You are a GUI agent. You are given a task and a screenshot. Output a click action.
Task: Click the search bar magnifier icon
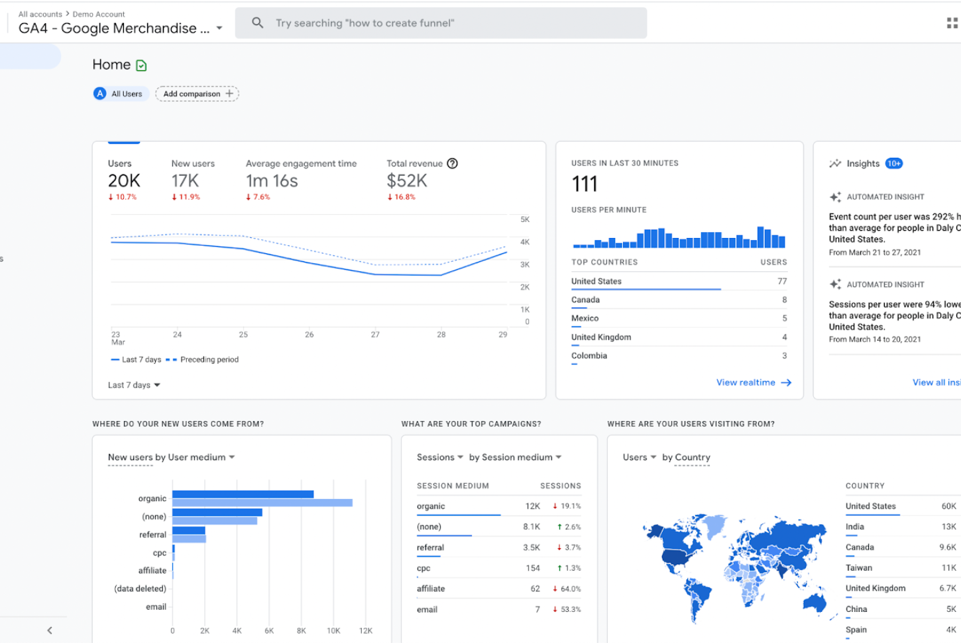[257, 23]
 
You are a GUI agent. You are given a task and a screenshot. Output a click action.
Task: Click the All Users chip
[119, 94]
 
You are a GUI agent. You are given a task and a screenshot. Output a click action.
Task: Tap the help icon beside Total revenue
[452, 164]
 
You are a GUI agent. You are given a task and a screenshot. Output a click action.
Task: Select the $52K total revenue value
[407, 181]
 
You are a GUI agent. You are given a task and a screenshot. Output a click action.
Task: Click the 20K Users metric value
[124, 181]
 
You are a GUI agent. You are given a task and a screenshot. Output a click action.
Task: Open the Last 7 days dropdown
[134, 385]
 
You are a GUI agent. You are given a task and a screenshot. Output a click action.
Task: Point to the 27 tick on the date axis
[375, 335]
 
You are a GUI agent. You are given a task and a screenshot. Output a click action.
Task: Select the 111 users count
[585, 184]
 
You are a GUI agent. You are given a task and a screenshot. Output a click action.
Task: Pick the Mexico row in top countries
[585, 318]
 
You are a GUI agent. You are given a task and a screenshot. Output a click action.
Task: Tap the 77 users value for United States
[782, 281]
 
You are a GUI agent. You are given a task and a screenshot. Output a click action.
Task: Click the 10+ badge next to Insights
[893, 164]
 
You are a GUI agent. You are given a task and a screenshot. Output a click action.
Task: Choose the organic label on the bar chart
[152, 498]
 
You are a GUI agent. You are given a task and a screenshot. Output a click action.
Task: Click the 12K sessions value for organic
[533, 506]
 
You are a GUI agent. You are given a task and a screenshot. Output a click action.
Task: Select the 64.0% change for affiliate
[570, 589]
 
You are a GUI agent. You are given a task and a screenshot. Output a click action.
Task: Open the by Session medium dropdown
[515, 457]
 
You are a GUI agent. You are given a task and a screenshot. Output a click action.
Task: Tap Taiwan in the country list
[859, 568]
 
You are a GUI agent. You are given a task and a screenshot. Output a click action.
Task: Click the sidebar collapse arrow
[50, 630]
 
